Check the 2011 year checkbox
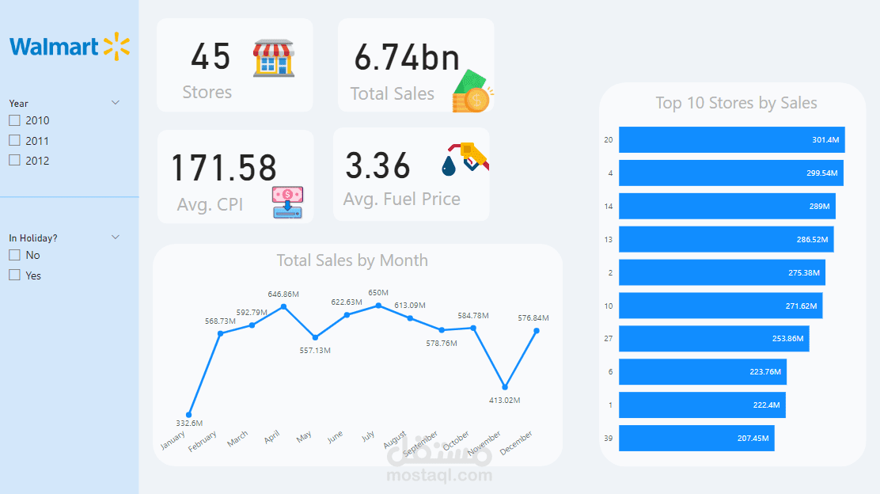(14, 140)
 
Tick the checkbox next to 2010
(14, 120)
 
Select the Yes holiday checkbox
(14, 275)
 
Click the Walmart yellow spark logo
(116, 47)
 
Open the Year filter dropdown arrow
(116, 103)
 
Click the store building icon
(274, 59)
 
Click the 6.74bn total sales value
(407, 58)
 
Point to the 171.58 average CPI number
(224, 168)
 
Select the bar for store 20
(731, 140)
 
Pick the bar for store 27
(713, 339)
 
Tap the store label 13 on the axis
(608, 240)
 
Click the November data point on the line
(505, 386)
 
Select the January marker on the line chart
(188, 415)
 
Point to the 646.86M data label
(283, 294)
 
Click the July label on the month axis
(367, 437)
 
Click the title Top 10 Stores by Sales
(736, 103)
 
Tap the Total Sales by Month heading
(352, 260)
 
